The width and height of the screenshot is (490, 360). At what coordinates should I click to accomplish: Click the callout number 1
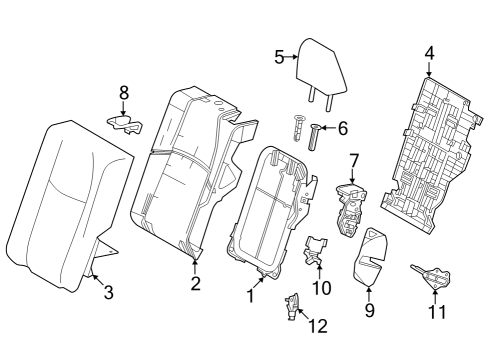tap(251, 296)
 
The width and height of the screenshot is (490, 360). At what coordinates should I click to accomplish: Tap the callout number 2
tap(195, 283)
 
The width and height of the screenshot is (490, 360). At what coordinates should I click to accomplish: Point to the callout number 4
tap(428, 53)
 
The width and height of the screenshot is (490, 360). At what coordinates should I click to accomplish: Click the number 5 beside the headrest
tap(280, 57)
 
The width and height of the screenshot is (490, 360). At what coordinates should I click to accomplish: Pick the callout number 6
tap(343, 128)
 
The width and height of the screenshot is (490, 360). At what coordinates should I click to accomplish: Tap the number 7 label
tap(352, 160)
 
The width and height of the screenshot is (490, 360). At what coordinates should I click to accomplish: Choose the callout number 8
tap(124, 92)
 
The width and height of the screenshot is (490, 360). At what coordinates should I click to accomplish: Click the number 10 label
tap(321, 289)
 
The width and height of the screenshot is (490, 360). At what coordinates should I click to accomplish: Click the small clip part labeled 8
tap(125, 122)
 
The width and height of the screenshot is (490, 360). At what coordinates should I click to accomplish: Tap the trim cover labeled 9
tap(370, 254)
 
